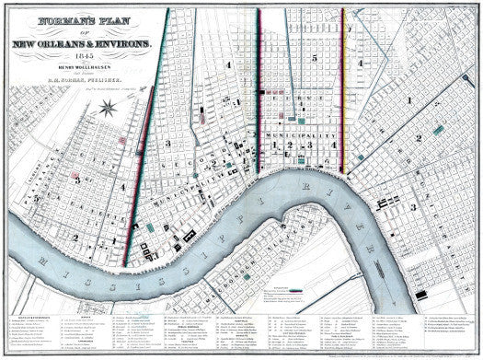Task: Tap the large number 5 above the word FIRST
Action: [313, 59]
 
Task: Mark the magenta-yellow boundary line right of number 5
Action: [342, 92]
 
